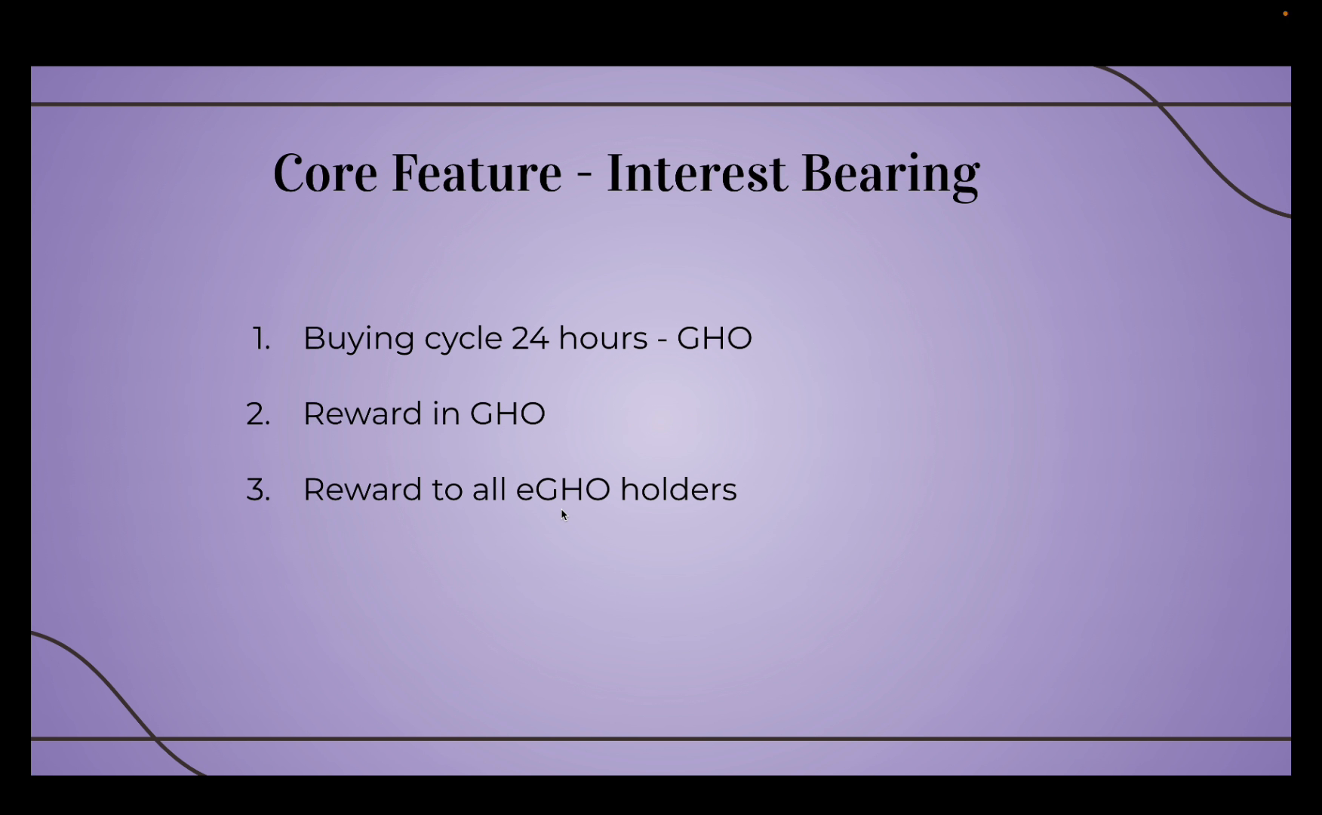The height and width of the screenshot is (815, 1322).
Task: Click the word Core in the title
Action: click(x=325, y=173)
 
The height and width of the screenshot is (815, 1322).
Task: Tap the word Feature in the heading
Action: click(x=477, y=173)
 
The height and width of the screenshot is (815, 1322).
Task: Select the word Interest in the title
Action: click(x=696, y=173)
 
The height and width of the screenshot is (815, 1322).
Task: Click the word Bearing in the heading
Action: click(x=890, y=176)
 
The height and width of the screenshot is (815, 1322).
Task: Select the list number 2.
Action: click(x=258, y=414)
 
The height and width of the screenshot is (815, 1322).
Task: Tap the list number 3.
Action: click(x=258, y=491)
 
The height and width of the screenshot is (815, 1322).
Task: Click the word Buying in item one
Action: click(x=358, y=340)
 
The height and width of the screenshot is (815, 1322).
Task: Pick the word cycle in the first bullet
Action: click(x=463, y=340)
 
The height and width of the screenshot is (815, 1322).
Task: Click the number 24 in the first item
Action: click(x=530, y=338)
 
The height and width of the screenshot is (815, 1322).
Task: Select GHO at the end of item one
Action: click(x=715, y=338)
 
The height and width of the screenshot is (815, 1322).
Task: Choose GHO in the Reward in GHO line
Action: click(x=507, y=414)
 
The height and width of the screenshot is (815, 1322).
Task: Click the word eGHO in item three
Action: click(x=563, y=490)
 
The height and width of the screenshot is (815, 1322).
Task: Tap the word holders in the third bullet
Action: click(x=678, y=489)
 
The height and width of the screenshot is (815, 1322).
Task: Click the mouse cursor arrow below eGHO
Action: click(x=564, y=515)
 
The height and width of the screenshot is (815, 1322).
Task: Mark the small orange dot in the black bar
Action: click(x=1285, y=14)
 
